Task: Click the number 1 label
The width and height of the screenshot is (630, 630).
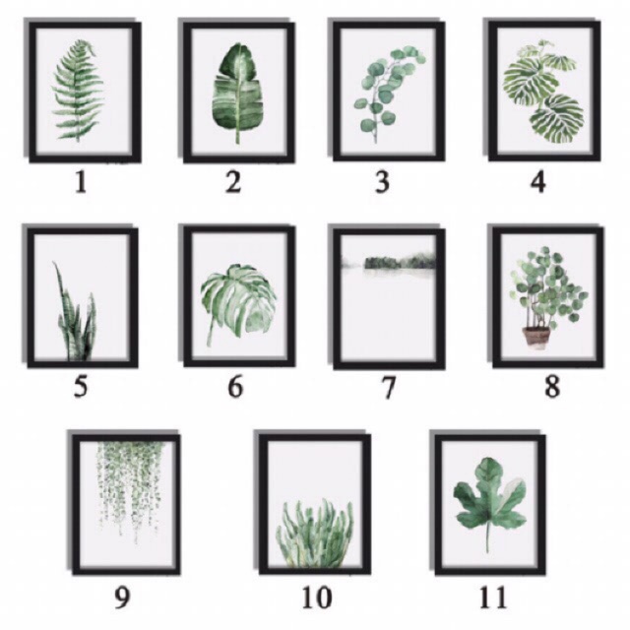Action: [82, 183]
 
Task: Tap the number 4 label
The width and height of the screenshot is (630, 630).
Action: [538, 182]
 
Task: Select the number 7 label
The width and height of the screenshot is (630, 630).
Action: [388, 387]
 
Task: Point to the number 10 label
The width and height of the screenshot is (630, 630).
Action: [317, 598]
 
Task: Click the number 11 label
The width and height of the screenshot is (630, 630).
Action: [494, 598]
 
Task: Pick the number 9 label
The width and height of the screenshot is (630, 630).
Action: [122, 598]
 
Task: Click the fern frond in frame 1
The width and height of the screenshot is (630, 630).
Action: [77, 91]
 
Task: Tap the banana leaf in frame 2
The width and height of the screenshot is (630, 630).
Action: [237, 94]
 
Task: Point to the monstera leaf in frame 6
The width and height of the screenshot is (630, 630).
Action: [238, 304]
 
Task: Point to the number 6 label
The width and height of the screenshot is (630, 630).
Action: [235, 387]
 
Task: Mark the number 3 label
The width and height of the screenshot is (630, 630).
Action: [382, 182]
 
